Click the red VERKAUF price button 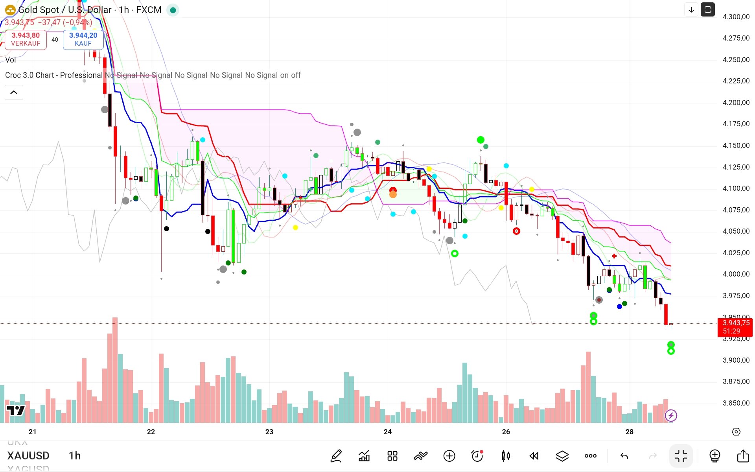click(x=26, y=39)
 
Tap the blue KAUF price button click(x=83, y=39)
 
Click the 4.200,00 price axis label click(x=736, y=103)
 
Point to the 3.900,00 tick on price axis click(x=736, y=360)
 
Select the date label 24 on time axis click(x=388, y=432)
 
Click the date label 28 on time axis click(x=630, y=432)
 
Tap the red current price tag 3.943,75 click(x=735, y=327)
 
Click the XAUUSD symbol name click(x=28, y=456)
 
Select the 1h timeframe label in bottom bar click(x=75, y=456)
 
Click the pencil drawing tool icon click(x=336, y=456)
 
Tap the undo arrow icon click(x=624, y=456)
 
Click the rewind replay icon click(x=534, y=456)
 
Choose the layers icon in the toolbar click(x=562, y=456)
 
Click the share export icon click(x=743, y=456)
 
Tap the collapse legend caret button click(x=14, y=92)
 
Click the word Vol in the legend click(x=11, y=60)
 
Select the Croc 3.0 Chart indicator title click(x=54, y=75)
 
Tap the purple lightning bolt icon click(x=671, y=415)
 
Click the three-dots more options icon click(x=590, y=456)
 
